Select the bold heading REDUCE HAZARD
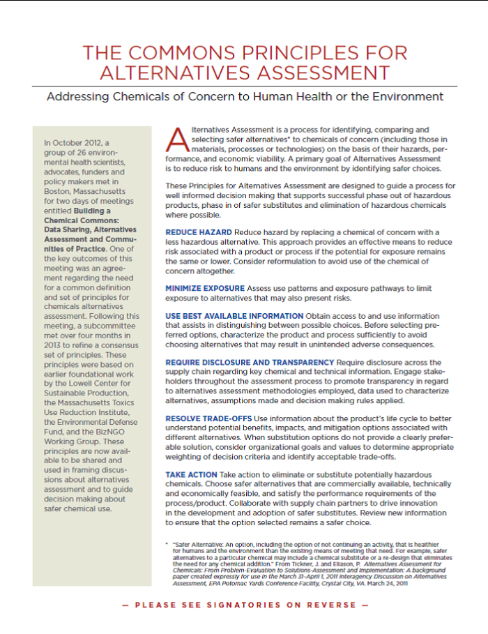(198, 232)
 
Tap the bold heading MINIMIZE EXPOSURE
(205, 288)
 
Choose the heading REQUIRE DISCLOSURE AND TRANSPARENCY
(250, 363)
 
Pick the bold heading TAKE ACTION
(191, 474)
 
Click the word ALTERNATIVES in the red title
(169, 73)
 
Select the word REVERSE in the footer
(337, 605)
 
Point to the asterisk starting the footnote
(166, 543)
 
